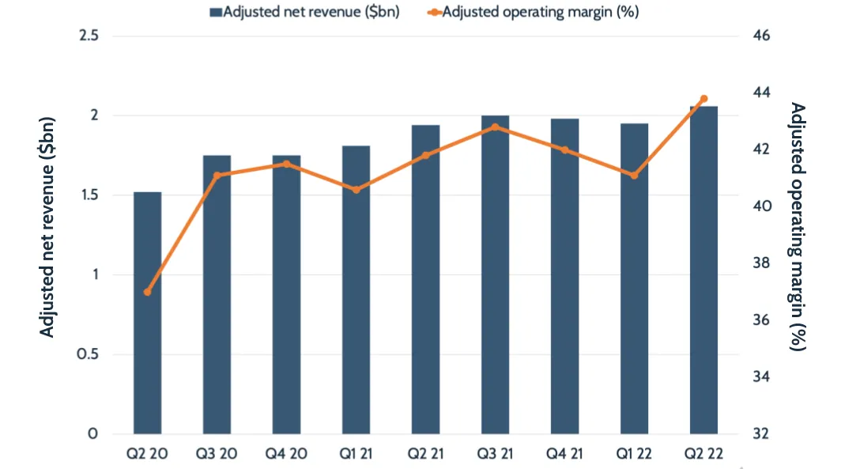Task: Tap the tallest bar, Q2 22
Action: point(704,270)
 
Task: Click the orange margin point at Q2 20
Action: point(147,292)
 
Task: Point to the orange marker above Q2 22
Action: point(704,99)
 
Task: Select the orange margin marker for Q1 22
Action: point(634,175)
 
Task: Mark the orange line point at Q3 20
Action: point(217,175)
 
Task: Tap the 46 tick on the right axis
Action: point(759,36)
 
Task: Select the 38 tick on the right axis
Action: point(759,263)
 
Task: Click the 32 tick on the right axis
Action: point(759,434)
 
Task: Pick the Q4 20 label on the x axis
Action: point(286,455)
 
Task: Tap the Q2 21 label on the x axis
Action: point(425,455)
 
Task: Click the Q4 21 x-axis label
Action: point(564,455)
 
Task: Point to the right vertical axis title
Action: point(798,228)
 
